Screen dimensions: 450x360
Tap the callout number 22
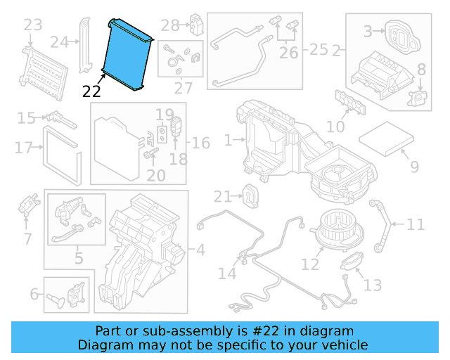(x=91, y=91)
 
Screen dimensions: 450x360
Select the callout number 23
(x=33, y=26)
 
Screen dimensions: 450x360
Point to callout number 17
(x=23, y=148)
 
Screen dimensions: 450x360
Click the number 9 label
(x=414, y=167)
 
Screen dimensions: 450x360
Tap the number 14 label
(x=227, y=273)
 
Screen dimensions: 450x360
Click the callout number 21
(x=223, y=196)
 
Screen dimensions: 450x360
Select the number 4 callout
(x=200, y=249)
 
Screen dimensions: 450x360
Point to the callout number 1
(x=228, y=141)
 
